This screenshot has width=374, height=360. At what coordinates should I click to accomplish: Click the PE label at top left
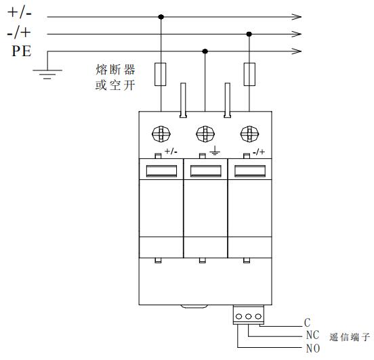click(22, 51)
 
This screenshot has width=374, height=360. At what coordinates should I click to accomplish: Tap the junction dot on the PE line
click(205, 51)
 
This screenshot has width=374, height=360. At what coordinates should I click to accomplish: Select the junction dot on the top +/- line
click(161, 17)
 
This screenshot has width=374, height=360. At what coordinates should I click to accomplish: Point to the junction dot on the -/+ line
click(249, 34)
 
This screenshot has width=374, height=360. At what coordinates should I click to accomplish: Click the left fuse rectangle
click(161, 74)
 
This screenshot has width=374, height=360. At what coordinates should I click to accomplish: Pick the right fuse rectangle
click(249, 74)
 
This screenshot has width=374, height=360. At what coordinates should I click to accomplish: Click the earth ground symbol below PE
click(47, 74)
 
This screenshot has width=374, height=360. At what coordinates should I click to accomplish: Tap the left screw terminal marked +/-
click(161, 134)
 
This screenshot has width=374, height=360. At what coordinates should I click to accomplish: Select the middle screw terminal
click(205, 134)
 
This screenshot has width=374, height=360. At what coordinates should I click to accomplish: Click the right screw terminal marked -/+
click(249, 134)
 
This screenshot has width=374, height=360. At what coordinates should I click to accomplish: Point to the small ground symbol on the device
click(215, 150)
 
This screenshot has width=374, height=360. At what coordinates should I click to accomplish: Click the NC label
click(312, 335)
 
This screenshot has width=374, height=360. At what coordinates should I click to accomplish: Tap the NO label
click(313, 348)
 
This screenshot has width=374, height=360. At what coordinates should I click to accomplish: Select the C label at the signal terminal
click(307, 323)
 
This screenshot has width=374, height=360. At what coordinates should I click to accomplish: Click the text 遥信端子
click(350, 337)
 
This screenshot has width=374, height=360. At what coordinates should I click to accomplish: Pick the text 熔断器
click(115, 70)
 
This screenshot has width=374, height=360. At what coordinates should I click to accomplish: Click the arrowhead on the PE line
click(297, 51)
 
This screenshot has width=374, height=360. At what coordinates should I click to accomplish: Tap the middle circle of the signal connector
click(248, 317)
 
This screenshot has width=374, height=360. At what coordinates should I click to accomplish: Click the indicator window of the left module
click(161, 171)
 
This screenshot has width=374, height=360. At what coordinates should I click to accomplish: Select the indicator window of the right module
click(250, 171)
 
